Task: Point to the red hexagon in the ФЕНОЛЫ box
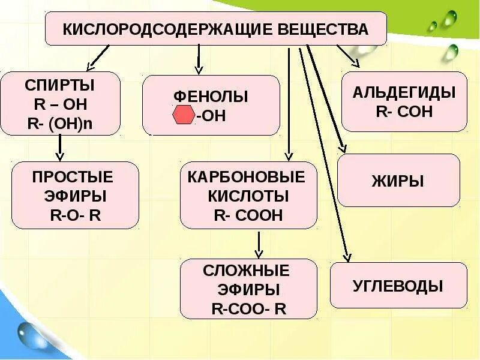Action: coord(183,115)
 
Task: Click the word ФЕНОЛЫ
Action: coord(211,96)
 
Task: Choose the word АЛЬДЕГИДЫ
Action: coord(404,92)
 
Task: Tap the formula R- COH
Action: coord(404,112)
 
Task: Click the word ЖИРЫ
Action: coord(398,181)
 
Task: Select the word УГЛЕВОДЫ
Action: coord(398,286)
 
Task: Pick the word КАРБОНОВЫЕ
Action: coord(247,177)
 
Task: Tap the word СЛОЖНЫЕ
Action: coord(248,269)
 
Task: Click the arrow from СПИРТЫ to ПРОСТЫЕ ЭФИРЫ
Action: coord(60,148)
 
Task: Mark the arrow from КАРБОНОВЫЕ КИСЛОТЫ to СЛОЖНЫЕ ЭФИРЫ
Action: coord(258,244)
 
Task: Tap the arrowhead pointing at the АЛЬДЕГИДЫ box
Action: coord(355,62)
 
